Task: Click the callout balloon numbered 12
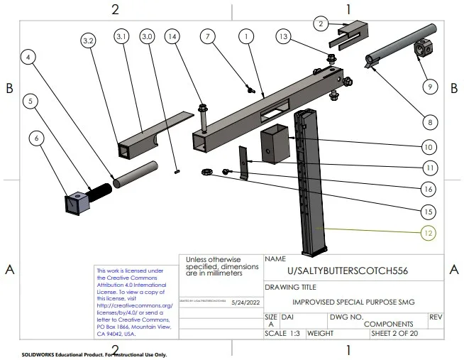[427, 232]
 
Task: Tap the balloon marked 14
[171, 36]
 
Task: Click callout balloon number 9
[427, 87]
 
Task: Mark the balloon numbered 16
[427, 189]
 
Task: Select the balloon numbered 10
[427, 147]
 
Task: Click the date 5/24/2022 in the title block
[243, 302]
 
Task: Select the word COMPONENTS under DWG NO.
[388, 323]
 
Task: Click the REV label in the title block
[436, 317]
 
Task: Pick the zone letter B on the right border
[453, 88]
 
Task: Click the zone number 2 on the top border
[115, 9]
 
